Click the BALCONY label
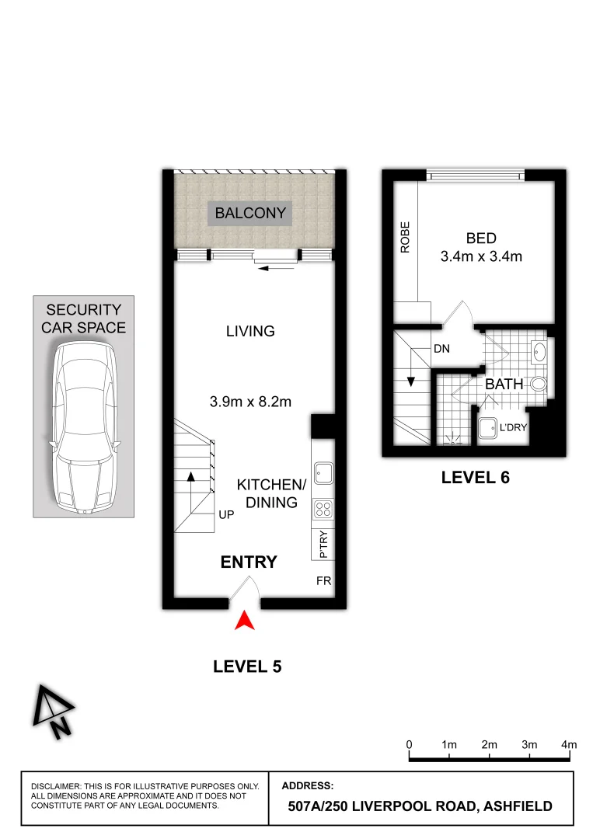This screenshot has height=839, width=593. click(250, 213)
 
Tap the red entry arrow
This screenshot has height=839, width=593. click(246, 620)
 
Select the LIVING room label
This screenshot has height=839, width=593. click(250, 332)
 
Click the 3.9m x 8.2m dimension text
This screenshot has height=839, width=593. click(250, 402)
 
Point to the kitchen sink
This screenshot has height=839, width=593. click(323, 471)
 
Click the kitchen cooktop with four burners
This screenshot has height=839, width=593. click(323, 509)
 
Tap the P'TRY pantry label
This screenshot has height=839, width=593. click(323, 545)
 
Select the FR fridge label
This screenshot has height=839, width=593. click(323, 580)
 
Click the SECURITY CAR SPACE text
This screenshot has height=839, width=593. click(85, 319)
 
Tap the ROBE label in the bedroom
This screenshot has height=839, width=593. click(405, 239)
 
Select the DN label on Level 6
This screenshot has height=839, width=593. click(441, 350)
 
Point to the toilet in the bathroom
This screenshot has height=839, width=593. click(539, 384)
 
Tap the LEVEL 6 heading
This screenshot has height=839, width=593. click(475, 478)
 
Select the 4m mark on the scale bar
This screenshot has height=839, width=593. click(570, 744)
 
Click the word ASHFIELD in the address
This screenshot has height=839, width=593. click(518, 806)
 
